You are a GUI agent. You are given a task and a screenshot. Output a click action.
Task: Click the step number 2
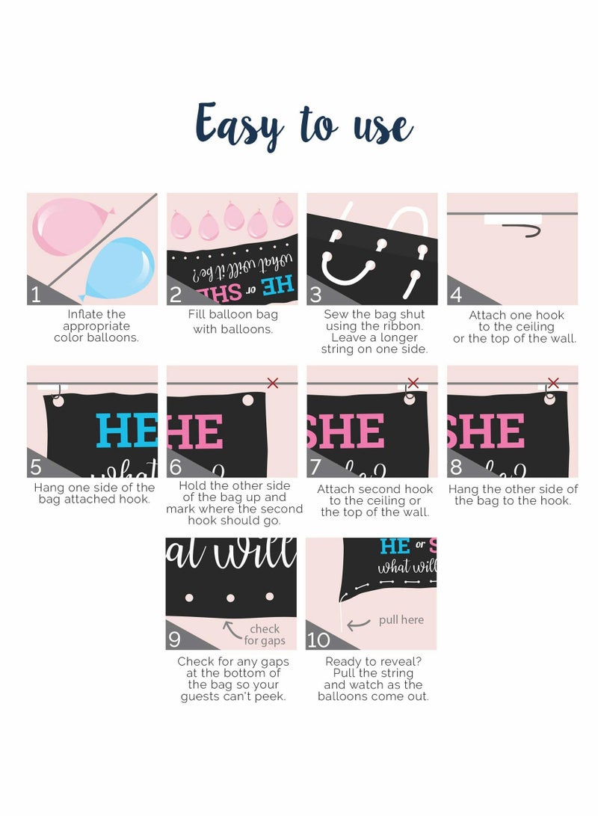pos(176,294)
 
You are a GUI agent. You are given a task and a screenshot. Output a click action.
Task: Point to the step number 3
pos(315,294)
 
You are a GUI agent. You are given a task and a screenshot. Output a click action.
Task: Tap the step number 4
pos(456,294)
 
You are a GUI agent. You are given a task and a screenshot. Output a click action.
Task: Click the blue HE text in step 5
pos(126,432)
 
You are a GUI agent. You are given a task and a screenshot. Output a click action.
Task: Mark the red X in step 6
pos(273,383)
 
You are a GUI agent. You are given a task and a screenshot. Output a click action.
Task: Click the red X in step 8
pos(553,383)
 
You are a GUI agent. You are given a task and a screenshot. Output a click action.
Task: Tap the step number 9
pos(175,639)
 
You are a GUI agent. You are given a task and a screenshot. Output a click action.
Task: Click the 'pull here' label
pos(401,620)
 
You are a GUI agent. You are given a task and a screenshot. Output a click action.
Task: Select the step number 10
pos(318,639)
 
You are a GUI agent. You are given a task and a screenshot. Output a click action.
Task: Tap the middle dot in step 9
pos(230,598)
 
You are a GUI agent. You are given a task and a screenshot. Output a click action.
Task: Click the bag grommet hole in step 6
pos(247,400)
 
